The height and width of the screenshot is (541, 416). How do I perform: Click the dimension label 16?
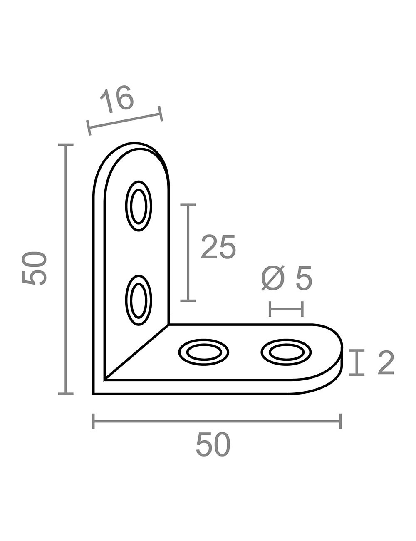click(x=117, y=100)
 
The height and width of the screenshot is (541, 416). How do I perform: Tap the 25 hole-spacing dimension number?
click(x=218, y=247)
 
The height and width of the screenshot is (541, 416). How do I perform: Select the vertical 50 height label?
click(x=34, y=268)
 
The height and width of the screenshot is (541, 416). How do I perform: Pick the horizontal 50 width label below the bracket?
click(x=213, y=444)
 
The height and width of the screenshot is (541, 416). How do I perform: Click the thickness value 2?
click(x=385, y=362)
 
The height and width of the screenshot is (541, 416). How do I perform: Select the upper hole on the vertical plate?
click(x=139, y=206)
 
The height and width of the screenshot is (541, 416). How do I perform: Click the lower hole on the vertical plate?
click(x=139, y=300)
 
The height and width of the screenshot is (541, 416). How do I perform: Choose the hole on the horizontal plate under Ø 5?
click(x=286, y=352)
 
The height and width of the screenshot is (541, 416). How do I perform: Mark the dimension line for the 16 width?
click(x=125, y=120)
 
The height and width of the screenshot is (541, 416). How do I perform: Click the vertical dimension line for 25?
click(x=188, y=253)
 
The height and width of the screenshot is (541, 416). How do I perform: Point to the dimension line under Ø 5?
click(x=286, y=309)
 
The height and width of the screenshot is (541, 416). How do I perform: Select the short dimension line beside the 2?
click(x=357, y=362)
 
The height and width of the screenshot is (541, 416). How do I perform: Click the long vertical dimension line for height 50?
click(x=65, y=269)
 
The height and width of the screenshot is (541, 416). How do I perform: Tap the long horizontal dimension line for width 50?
click(x=217, y=421)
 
